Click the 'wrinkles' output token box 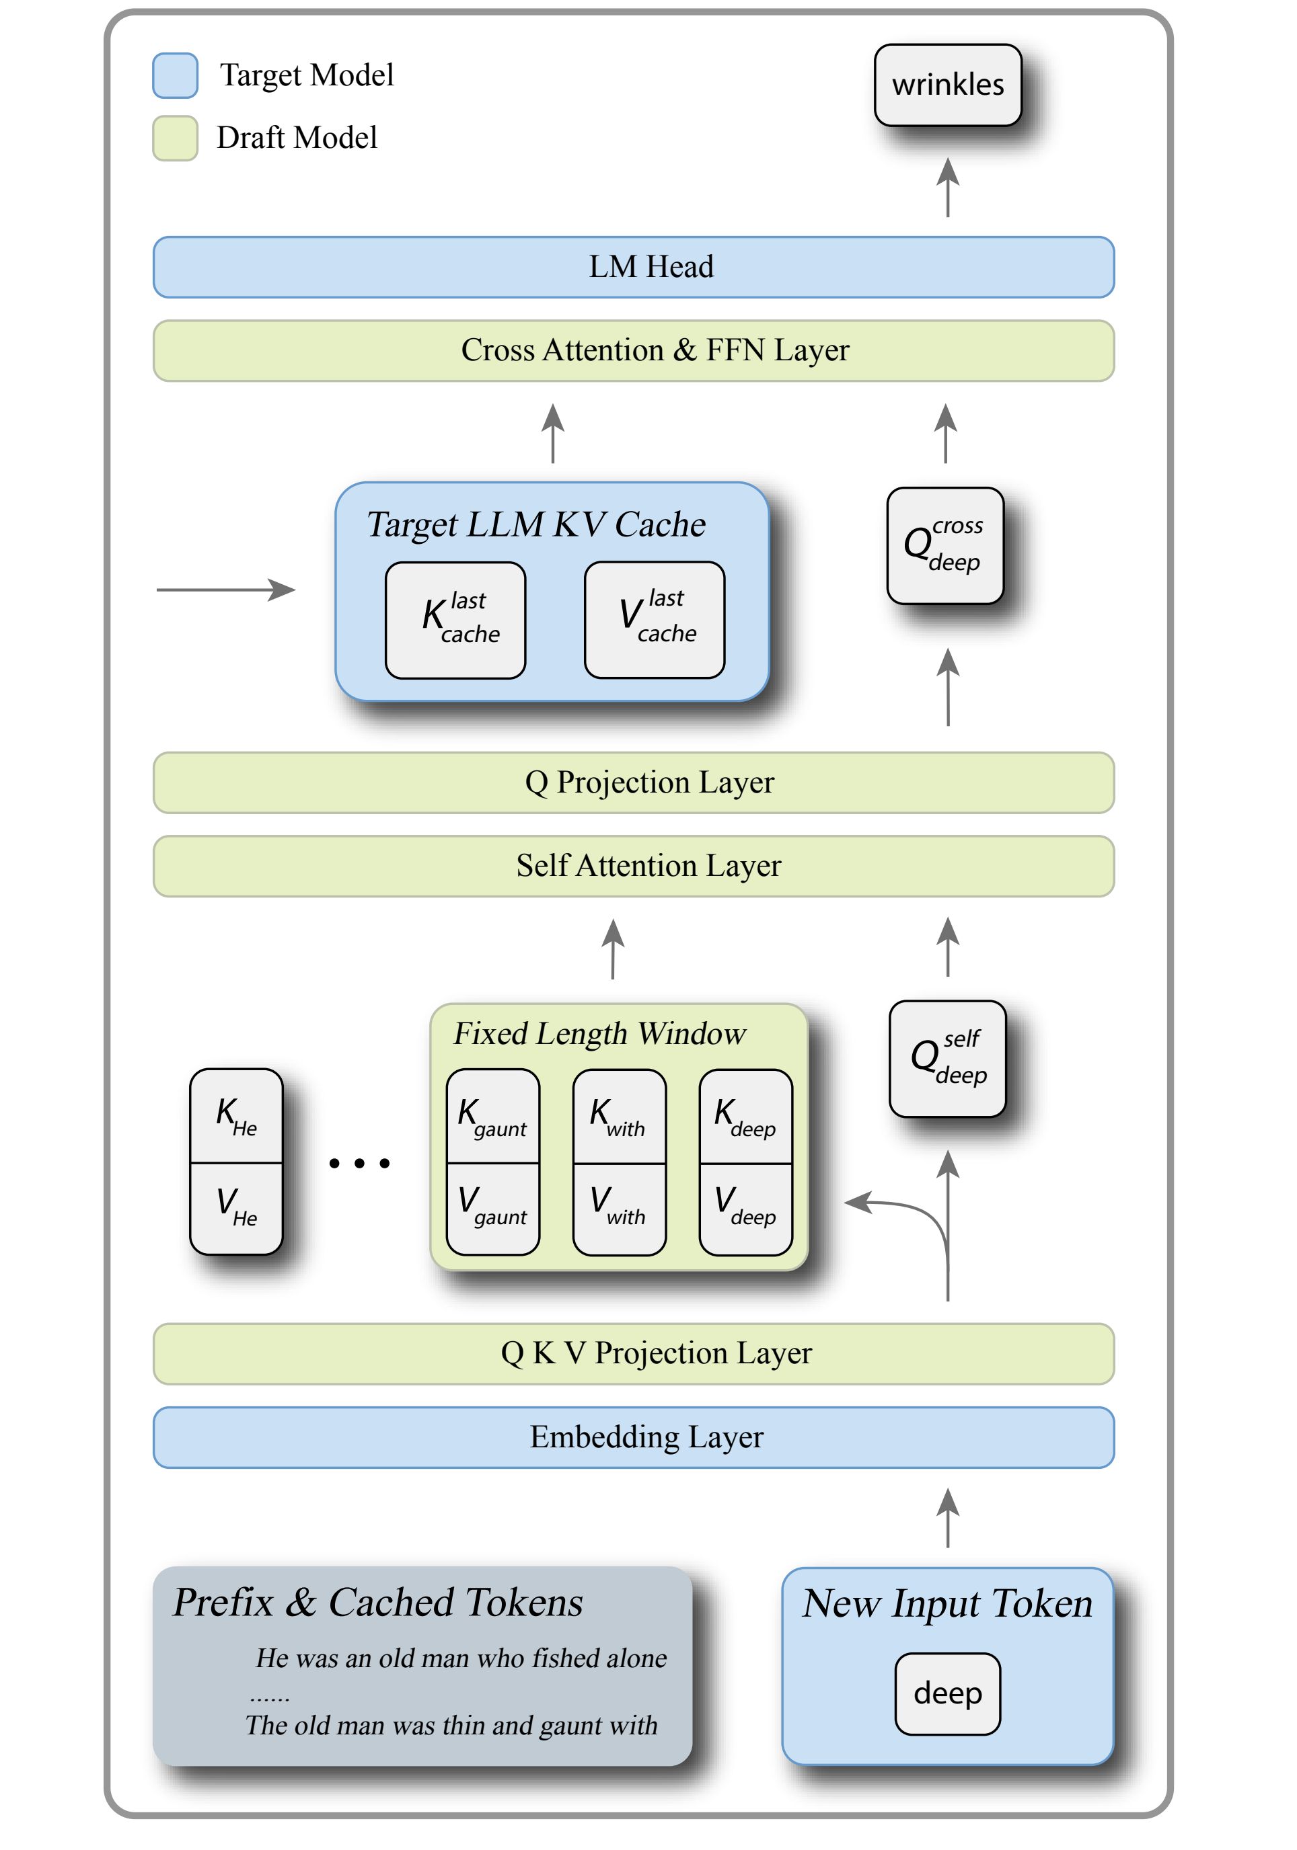click(x=947, y=85)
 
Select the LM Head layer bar click(x=634, y=267)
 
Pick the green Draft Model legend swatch click(x=175, y=138)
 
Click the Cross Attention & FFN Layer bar click(x=634, y=350)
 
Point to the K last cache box click(x=455, y=620)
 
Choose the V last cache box click(x=654, y=620)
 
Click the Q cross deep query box click(x=944, y=545)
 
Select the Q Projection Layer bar click(x=634, y=782)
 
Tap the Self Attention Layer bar click(x=634, y=867)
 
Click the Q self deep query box click(x=947, y=1058)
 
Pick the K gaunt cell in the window click(x=492, y=1116)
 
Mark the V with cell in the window click(x=619, y=1208)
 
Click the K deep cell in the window click(x=745, y=1116)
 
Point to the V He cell click(x=236, y=1208)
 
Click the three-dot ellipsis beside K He click(x=359, y=1163)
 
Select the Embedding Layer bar click(x=634, y=1437)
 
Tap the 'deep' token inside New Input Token click(x=947, y=1693)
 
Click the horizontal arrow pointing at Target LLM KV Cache click(x=226, y=590)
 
